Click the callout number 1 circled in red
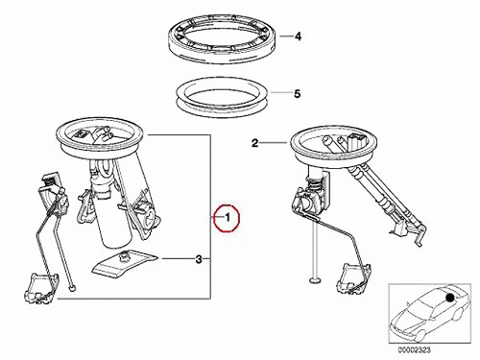(228, 218)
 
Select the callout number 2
(254, 143)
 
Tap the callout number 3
(199, 259)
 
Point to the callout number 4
(298, 36)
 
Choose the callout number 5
(298, 94)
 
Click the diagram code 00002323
(414, 349)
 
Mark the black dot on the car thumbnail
(449, 298)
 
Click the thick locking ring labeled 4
(224, 40)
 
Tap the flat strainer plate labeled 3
(126, 262)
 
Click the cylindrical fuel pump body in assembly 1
(116, 218)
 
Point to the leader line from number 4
(286, 36)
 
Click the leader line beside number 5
(281, 93)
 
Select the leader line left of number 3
(178, 258)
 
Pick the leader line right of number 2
(273, 143)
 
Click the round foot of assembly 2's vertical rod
(315, 280)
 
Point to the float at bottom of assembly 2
(354, 277)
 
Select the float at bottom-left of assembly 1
(41, 287)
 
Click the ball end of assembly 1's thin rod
(73, 289)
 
